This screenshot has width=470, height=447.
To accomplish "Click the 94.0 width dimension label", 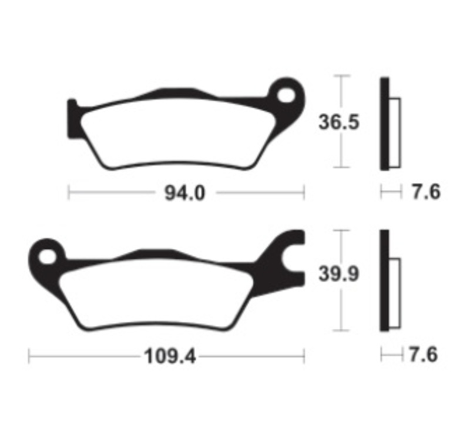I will pos(186,193).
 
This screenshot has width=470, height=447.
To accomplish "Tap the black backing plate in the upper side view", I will pos(384,124).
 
